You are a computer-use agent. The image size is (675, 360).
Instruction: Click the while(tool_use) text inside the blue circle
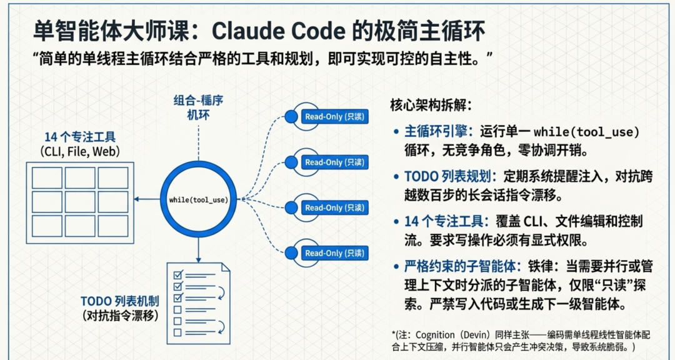198,200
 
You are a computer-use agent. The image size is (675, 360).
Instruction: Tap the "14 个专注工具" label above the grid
79,137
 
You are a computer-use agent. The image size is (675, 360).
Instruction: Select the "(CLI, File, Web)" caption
79,151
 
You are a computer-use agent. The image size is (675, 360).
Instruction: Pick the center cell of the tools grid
79,201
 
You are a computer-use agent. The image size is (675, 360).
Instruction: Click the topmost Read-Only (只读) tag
334,116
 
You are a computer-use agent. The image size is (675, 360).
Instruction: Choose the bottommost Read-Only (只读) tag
334,253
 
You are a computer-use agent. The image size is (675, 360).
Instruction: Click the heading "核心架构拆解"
431,104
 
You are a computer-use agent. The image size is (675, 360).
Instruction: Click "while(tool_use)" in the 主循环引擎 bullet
587,132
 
